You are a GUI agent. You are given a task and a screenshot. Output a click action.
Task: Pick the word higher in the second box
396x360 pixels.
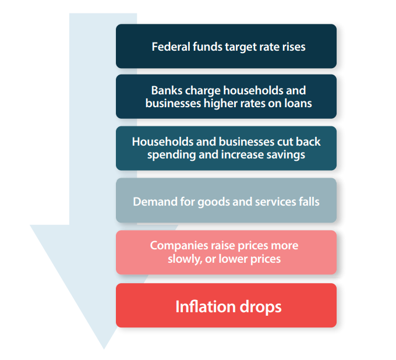point(220,104)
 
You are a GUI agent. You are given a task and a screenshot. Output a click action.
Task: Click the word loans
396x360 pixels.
point(298,103)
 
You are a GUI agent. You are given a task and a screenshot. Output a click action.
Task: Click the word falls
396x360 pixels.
point(309,202)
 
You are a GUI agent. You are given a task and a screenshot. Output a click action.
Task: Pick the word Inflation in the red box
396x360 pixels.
point(206,306)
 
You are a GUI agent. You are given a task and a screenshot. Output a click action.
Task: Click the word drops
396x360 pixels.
point(260,307)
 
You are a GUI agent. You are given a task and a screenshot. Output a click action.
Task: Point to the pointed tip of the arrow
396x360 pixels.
point(104,349)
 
